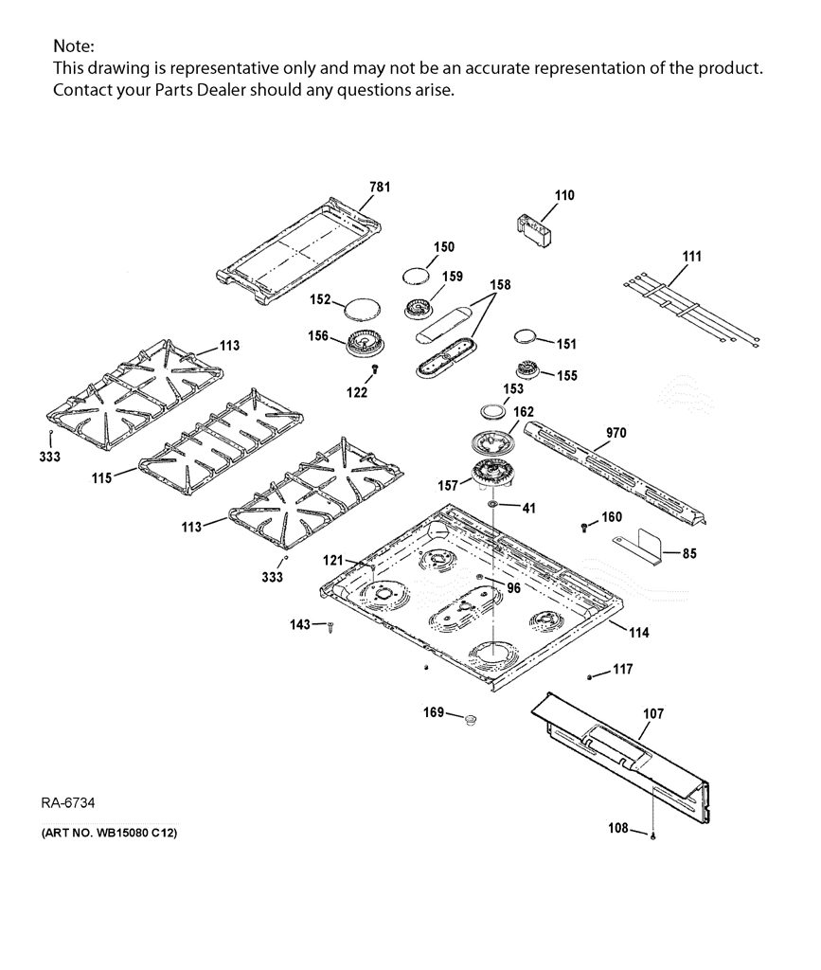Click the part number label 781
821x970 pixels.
[x=380, y=187]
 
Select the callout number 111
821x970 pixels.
[x=692, y=256]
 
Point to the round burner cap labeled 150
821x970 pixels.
[x=416, y=276]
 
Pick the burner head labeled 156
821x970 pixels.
[x=366, y=344]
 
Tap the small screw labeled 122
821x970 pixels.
[x=375, y=368]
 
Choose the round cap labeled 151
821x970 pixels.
[x=526, y=336]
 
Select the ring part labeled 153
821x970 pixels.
[x=493, y=411]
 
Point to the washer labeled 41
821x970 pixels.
[x=492, y=506]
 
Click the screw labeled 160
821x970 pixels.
[x=584, y=527]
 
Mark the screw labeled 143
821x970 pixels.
[x=331, y=627]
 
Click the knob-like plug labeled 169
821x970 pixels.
[x=471, y=719]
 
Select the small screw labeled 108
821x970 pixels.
[x=652, y=835]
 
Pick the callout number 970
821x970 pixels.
[x=616, y=432]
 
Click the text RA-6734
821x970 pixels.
[x=68, y=802]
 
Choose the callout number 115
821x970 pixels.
[x=102, y=477]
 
